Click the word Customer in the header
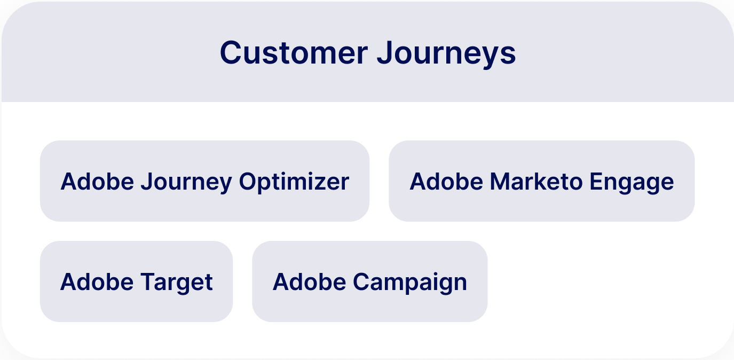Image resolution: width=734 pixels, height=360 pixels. coord(294,53)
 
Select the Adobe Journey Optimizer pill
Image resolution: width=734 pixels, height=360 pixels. coord(205,181)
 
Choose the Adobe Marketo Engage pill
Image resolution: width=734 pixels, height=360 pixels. coord(542,181)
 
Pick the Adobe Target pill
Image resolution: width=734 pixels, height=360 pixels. coord(136,281)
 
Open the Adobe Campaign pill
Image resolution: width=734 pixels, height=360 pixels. coord(369,281)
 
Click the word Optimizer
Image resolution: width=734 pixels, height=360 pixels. coord(294,183)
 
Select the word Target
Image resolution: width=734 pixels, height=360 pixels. coord(177,283)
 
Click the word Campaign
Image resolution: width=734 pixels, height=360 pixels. coord(409,283)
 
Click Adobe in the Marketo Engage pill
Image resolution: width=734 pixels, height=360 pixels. coord(446,181)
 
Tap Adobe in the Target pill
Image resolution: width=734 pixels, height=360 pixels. coord(97,281)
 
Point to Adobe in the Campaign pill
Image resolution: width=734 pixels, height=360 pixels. coord(309,281)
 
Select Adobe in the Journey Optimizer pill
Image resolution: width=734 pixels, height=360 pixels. coord(97,181)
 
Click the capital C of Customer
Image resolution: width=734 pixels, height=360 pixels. coord(231,53)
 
